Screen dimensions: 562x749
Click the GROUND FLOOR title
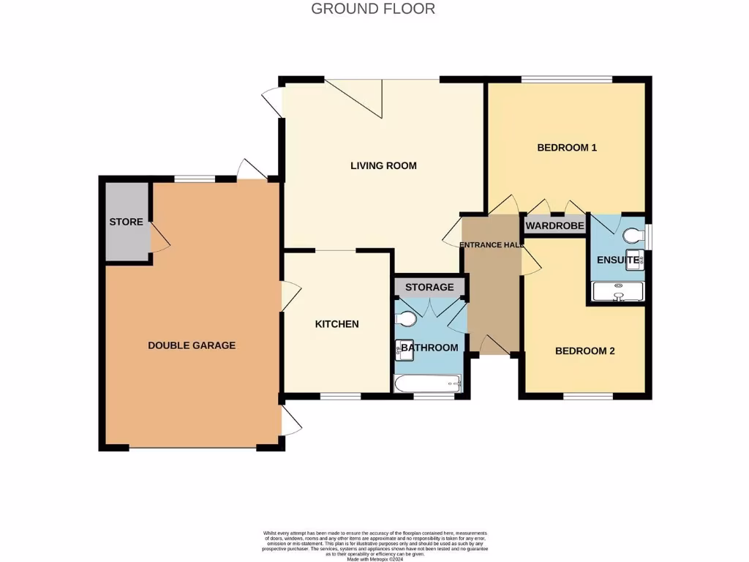373,9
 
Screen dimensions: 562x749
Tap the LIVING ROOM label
383,165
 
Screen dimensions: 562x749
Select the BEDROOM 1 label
567,148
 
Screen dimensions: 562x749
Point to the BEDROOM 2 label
584,351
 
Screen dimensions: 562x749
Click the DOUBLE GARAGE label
192,345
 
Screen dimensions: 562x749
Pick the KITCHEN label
336,324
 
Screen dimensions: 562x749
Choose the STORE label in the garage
126,222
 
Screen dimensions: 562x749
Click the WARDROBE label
555,226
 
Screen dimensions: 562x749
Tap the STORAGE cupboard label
429,287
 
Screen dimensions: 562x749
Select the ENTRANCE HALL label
491,245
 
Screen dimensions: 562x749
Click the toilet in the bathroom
405,319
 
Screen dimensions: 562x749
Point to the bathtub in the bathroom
427,383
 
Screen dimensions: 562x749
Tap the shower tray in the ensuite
619,293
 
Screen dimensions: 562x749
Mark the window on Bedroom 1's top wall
567,79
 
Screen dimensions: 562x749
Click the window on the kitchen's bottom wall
340,397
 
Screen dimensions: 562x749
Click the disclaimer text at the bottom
374,545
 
